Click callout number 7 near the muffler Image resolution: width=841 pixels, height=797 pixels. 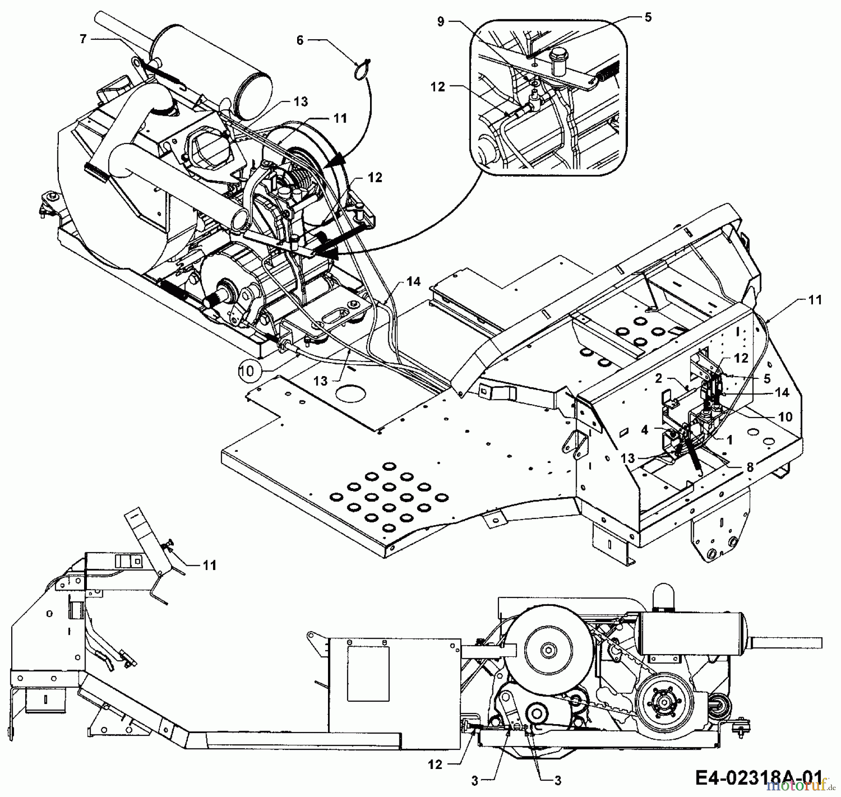[x=83, y=39]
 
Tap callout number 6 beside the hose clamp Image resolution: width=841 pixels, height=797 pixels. [x=300, y=41]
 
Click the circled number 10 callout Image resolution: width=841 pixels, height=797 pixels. [x=247, y=371]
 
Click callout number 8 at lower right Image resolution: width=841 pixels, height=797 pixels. [x=750, y=467]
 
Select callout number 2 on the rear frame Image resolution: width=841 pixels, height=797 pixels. [x=659, y=378]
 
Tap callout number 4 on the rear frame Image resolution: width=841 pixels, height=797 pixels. [x=645, y=429]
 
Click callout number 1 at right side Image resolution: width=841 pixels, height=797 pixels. [x=729, y=440]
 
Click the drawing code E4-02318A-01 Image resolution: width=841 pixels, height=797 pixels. [x=758, y=778]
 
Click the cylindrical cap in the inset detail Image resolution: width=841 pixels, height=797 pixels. [x=558, y=59]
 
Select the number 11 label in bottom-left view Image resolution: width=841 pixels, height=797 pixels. [x=209, y=565]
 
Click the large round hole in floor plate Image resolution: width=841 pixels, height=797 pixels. [x=350, y=394]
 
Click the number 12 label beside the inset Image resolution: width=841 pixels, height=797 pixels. [x=438, y=87]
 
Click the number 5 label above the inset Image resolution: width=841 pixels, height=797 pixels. [x=647, y=17]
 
